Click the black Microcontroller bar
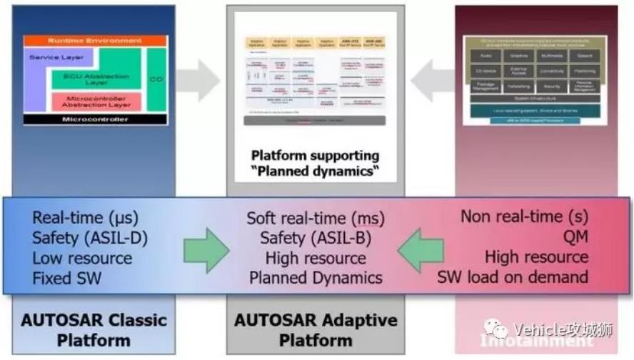pyautogui.click(x=95, y=119)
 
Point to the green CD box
pyautogui.click(x=156, y=79)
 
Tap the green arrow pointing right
pyautogui.click(x=206, y=248)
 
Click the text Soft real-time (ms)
pyautogui.click(x=316, y=218)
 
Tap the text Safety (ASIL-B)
pyautogui.click(x=316, y=238)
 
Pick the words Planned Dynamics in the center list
pyautogui.click(x=316, y=278)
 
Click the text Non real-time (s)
pyautogui.click(x=525, y=216)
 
